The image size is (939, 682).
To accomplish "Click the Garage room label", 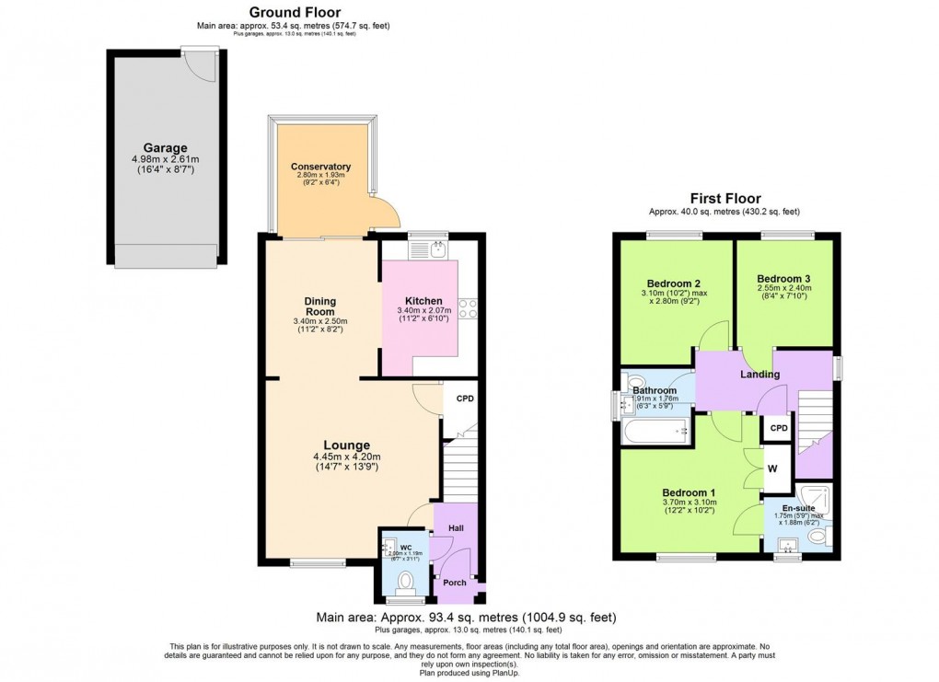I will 165,147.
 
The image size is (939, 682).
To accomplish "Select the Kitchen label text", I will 423,301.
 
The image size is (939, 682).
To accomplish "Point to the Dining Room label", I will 320,306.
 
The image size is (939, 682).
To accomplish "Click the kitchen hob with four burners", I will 467,307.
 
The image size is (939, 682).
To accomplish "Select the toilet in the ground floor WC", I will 405,581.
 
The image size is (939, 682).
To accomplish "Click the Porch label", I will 455,582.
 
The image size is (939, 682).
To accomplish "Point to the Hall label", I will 456,528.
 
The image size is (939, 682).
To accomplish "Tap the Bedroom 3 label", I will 782,278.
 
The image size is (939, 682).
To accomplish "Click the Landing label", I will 760,375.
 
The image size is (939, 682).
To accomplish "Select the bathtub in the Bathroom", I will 655,430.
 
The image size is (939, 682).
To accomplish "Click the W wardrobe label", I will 772,468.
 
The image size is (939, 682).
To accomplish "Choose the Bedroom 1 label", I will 688,491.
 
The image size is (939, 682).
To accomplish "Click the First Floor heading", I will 726,199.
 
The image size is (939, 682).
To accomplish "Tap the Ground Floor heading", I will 293,11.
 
